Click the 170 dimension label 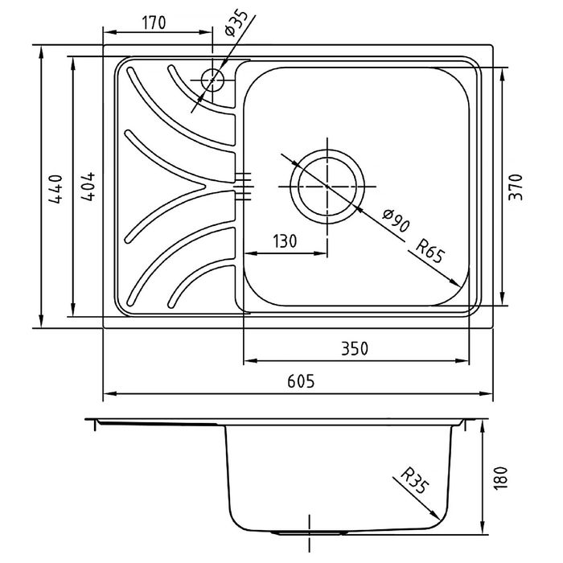click(x=154, y=23)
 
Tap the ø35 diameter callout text click(x=236, y=23)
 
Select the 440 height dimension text click(x=55, y=189)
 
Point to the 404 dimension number click(x=88, y=187)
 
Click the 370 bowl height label click(x=516, y=187)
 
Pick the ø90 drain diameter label click(x=396, y=220)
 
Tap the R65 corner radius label click(x=429, y=251)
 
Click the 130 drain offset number click(x=285, y=241)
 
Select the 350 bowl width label click(x=355, y=348)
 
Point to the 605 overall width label click(x=301, y=381)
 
